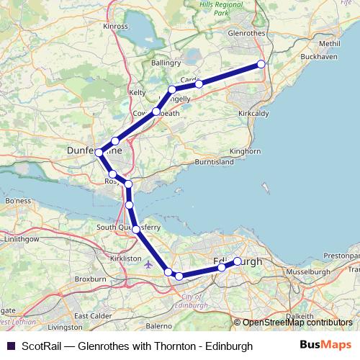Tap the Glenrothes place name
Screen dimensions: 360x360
[246, 33]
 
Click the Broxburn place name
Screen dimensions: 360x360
[91, 278]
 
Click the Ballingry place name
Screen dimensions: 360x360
[166, 63]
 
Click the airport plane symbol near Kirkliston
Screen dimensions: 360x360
[148, 264]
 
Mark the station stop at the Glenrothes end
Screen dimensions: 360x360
[261, 65]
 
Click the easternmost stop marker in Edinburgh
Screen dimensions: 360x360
[237, 261]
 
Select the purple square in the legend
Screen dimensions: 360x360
[11, 346]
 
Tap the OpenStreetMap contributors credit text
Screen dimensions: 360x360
[297, 323]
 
